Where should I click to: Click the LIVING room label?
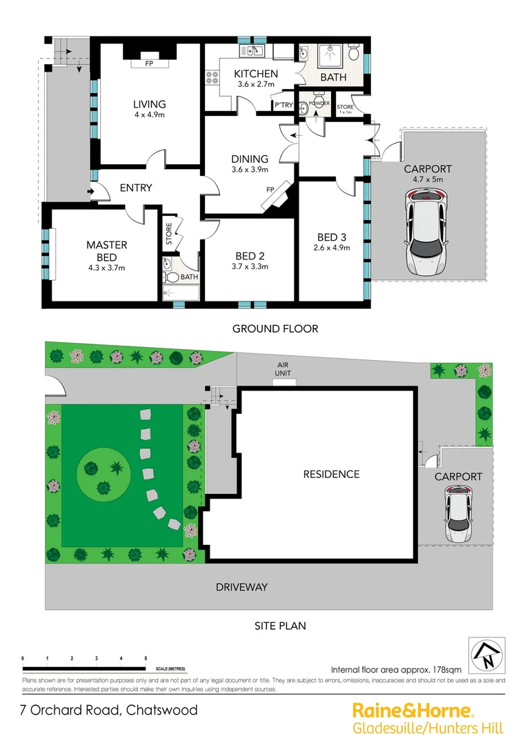coord(149,104)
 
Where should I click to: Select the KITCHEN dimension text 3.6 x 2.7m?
coord(256,84)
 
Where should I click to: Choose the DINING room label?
coord(250,159)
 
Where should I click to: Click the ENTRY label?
coord(136,188)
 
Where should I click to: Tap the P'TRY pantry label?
coord(284,106)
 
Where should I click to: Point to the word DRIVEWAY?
coord(241,587)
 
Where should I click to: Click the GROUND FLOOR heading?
coord(275,328)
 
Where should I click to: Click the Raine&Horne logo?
coord(412,710)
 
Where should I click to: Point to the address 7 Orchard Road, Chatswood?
coord(108,710)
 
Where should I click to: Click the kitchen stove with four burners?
coord(210,79)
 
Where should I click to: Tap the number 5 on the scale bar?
coord(146,658)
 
